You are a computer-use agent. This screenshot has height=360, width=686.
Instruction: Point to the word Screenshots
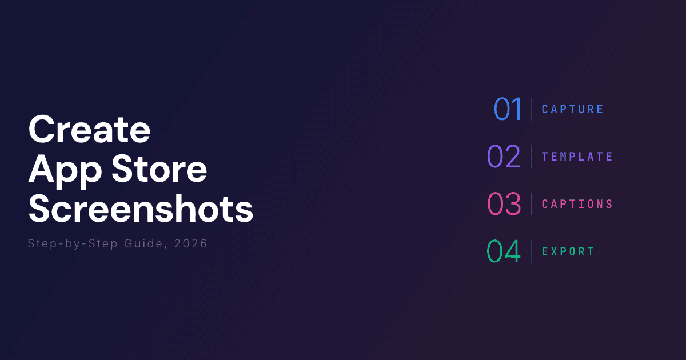click(x=141, y=210)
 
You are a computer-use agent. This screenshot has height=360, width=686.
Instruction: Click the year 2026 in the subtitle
click(x=192, y=244)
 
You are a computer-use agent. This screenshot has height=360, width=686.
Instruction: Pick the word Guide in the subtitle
click(x=137, y=244)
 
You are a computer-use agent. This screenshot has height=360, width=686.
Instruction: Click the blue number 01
click(x=508, y=109)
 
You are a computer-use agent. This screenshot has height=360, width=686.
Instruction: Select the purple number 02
click(x=504, y=157)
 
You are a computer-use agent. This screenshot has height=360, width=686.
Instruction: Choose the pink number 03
click(x=504, y=204)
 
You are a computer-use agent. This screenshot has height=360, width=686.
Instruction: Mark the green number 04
click(x=504, y=251)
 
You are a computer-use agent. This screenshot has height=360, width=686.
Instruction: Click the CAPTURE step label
click(x=572, y=109)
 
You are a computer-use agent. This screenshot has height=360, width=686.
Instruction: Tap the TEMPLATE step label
click(x=577, y=157)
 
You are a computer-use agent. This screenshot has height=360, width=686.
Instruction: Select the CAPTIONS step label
click(x=577, y=204)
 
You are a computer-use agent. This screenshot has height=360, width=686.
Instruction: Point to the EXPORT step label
click(x=568, y=251)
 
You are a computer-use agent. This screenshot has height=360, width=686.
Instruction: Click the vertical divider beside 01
click(x=531, y=109)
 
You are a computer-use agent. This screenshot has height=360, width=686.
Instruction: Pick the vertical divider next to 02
click(x=531, y=157)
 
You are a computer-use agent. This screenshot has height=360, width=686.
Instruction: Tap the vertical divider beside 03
click(x=531, y=204)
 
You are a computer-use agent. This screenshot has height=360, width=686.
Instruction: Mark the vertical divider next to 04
click(x=531, y=251)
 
